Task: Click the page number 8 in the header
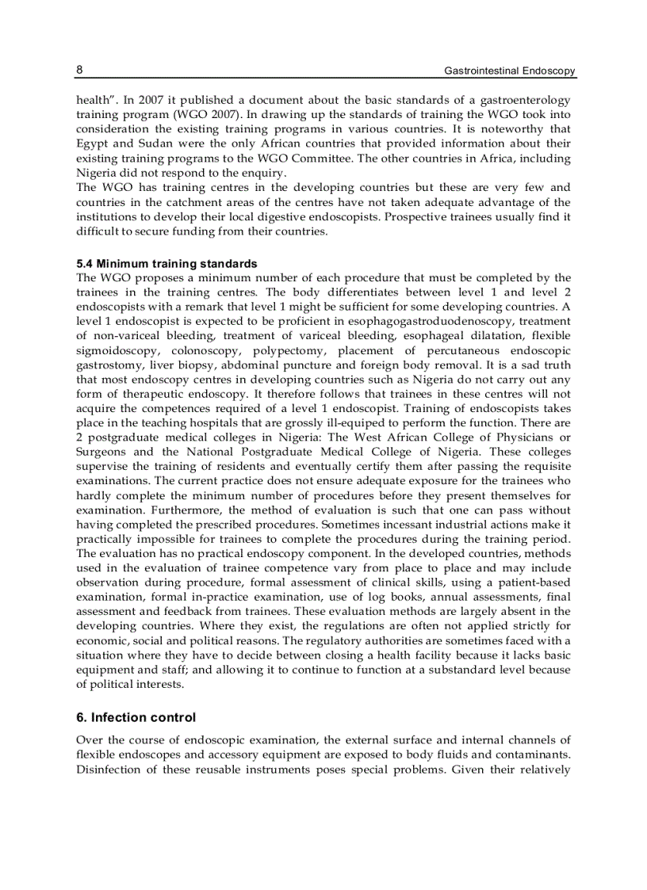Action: pos(79,70)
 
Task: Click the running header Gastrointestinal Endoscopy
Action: pos(509,71)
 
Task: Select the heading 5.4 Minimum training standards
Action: pos(167,263)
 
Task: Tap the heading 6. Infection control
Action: pos(136,717)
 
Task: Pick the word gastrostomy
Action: pos(106,365)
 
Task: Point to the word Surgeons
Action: pos(101,452)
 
